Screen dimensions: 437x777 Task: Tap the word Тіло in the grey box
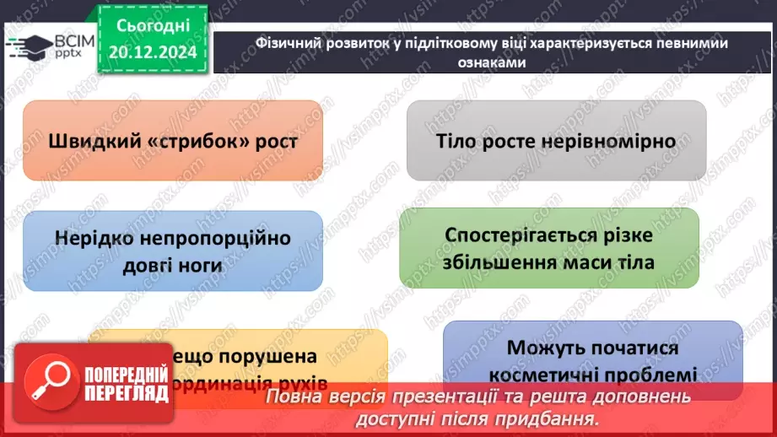(x=457, y=141)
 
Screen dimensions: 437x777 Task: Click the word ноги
(x=200, y=265)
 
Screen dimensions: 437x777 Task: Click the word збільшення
(x=499, y=262)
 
